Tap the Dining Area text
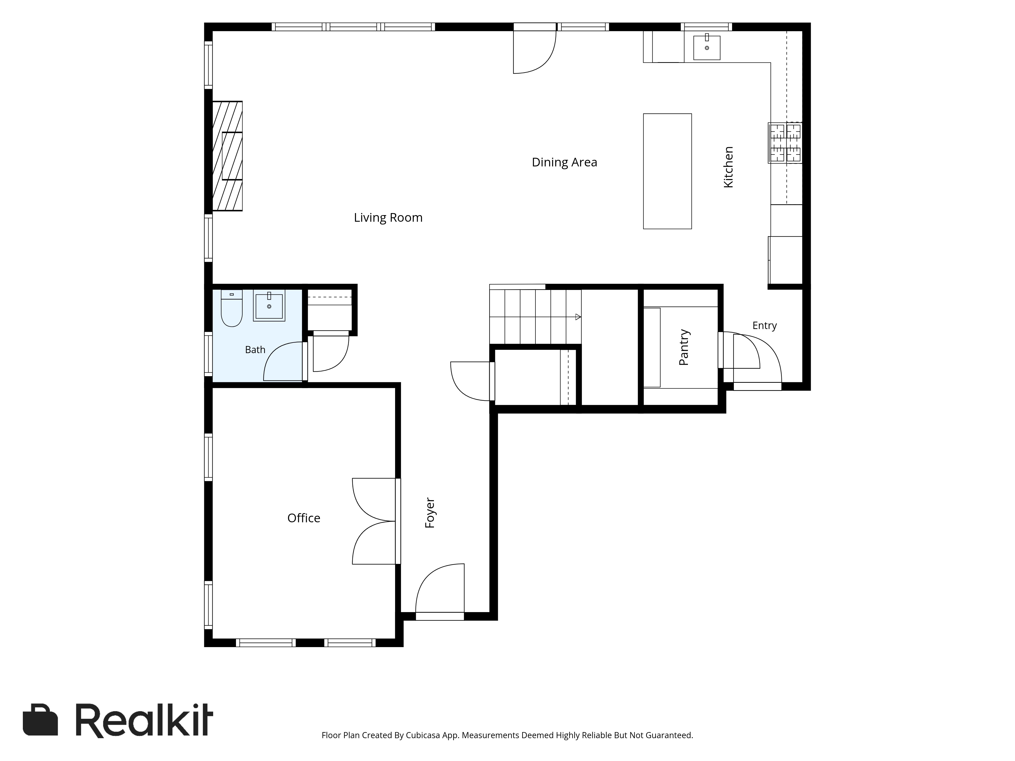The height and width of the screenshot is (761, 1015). (x=564, y=162)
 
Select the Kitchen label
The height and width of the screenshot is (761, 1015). (x=728, y=167)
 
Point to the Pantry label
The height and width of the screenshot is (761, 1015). (x=684, y=347)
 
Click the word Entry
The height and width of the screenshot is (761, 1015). (x=765, y=326)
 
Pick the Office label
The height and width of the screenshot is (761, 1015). (x=304, y=518)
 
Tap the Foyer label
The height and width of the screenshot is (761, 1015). (x=430, y=513)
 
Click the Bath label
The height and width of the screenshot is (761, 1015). (x=255, y=350)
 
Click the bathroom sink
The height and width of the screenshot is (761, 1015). (x=269, y=305)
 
